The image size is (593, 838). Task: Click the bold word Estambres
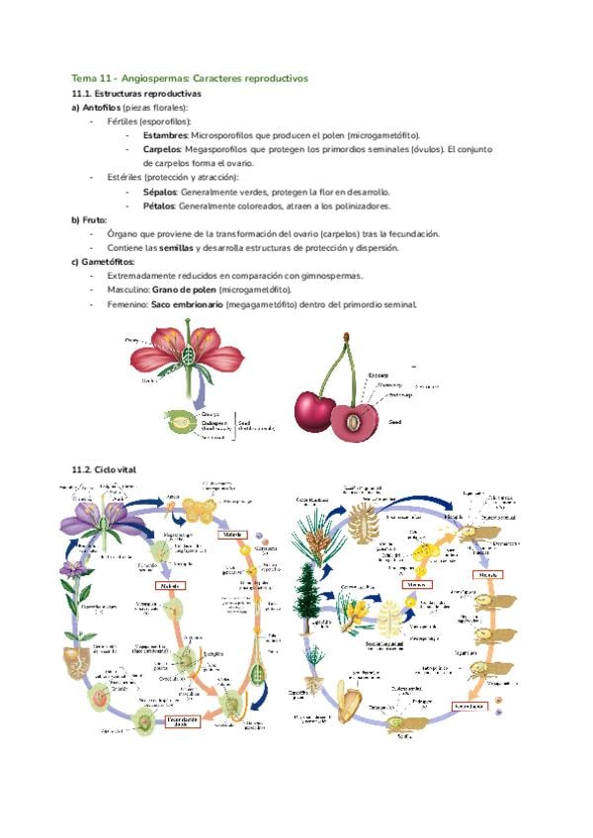(x=165, y=134)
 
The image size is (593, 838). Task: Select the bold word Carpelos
(x=163, y=149)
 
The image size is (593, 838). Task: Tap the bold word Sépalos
(x=160, y=192)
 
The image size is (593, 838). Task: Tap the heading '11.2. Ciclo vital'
(x=103, y=468)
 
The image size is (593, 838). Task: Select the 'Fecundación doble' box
(x=187, y=720)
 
